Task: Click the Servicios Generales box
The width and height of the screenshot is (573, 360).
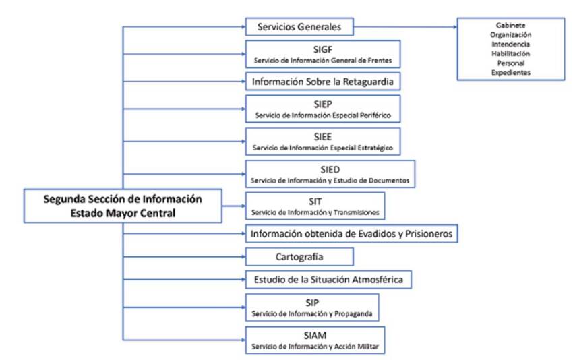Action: (299, 27)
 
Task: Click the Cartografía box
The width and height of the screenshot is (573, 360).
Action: (299, 257)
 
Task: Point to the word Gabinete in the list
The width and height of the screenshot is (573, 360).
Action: (510, 25)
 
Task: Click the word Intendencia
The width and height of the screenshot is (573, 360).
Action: (510, 44)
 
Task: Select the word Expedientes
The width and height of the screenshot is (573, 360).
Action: (510, 72)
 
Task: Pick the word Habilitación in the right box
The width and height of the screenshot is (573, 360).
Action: (510, 53)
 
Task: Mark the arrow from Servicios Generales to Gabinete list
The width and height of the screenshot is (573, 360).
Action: (404, 27)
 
